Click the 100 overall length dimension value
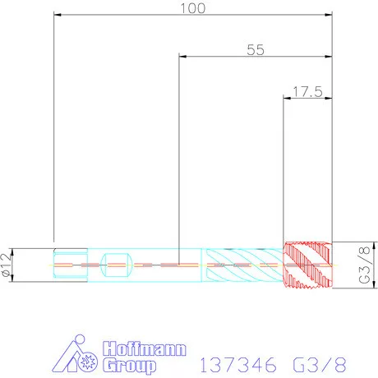point(193,8)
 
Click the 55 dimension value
point(255,49)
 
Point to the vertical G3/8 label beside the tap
point(364,265)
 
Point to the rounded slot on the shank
point(116,265)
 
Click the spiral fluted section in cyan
point(242,264)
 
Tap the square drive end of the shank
point(70,265)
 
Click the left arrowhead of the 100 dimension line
point(58,15)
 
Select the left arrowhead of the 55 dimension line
point(183,56)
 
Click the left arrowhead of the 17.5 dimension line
point(287,97)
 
